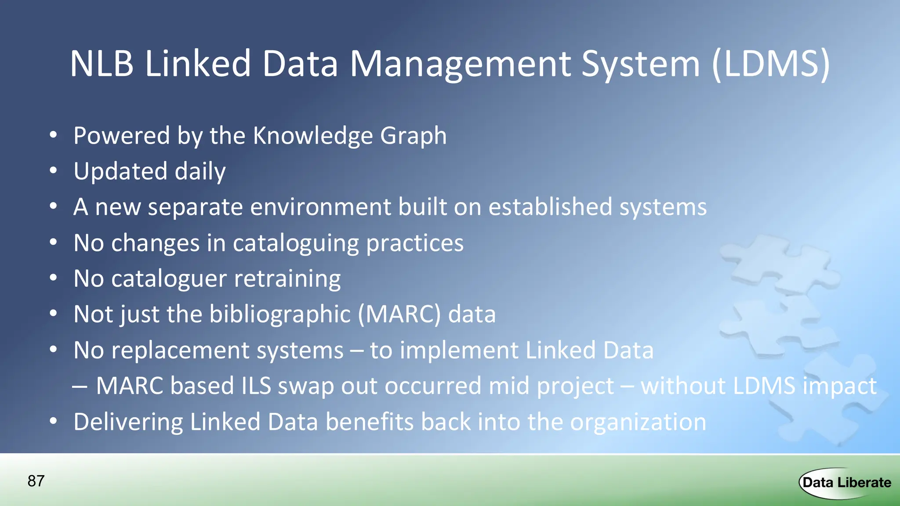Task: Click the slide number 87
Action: tap(36, 481)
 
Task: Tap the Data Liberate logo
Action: tap(846, 483)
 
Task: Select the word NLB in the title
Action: tap(102, 64)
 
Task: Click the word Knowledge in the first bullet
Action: tap(312, 136)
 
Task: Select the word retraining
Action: tap(287, 279)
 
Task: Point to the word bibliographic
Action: tap(280, 314)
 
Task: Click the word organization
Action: tap(638, 422)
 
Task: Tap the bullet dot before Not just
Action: tap(53, 314)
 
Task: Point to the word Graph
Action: tap(413, 136)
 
